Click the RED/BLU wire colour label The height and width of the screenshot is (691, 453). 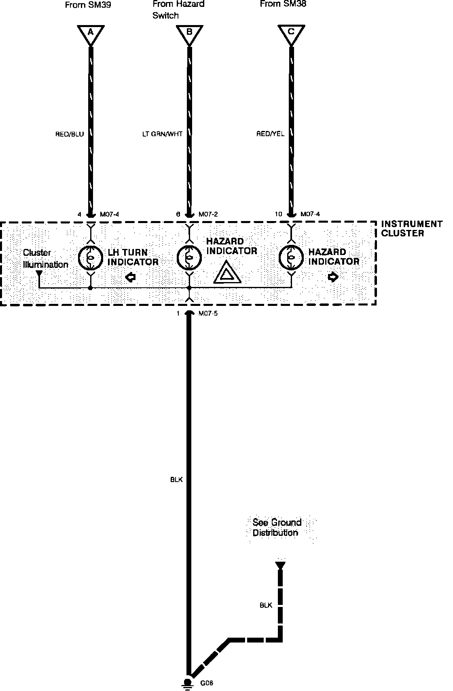[70, 134]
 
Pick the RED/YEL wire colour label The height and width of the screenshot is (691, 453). [270, 134]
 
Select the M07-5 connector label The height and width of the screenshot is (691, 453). [208, 314]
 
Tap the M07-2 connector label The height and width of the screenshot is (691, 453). [208, 214]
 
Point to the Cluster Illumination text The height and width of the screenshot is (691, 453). [45, 259]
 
